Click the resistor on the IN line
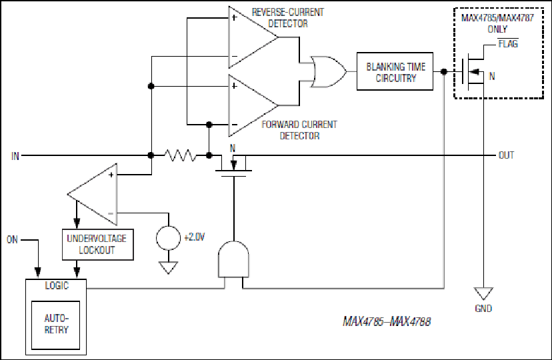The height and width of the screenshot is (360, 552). pyautogui.click(x=180, y=155)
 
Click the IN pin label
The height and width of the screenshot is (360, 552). pyautogui.click(x=15, y=156)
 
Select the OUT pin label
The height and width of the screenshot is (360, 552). pyautogui.click(x=506, y=155)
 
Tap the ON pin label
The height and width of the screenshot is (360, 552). pyautogui.click(x=12, y=240)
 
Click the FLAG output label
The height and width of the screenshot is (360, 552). pyautogui.click(x=508, y=43)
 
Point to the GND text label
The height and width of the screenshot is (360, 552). pyautogui.click(x=483, y=309)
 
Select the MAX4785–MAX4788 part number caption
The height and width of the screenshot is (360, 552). pyautogui.click(x=387, y=321)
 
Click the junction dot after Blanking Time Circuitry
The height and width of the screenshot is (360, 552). pyautogui.click(x=444, y=71)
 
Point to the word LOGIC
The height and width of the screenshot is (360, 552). pyautogui.click(x=57, y=285)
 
